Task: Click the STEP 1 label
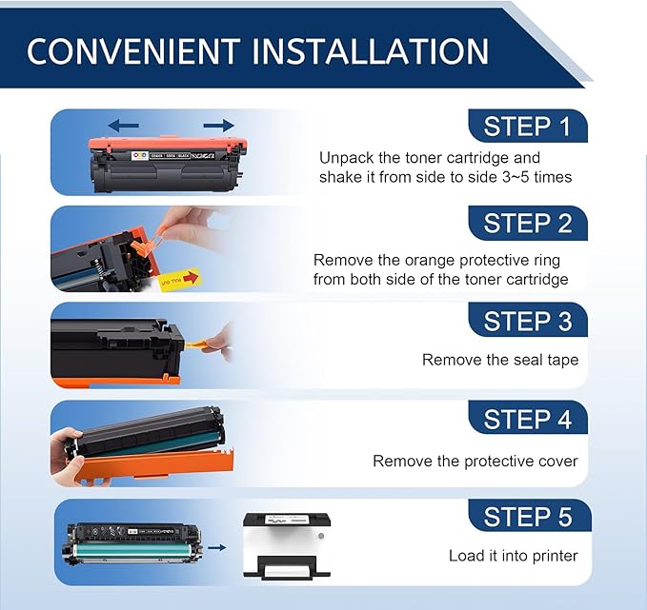pyautogui.click(x=527, y=127)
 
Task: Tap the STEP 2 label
pyautogui.click(x=527, y=224)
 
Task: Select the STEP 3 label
pyautogui.click(x=527, y=321)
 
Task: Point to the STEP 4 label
pyautogui.click(x=527, y=420)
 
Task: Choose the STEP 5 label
pyautogui.click(x=527, y=517)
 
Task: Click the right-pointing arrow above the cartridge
pyautogui.click(x=218, y=125)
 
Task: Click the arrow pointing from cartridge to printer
pyautogui.click(x=216, y=547)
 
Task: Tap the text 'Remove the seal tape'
pyautogui.click(x=500, y=360)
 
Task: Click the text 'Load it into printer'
pyautogui.click(x=513, y=556)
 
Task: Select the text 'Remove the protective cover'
pyautogui.click(x=475, y=462)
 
